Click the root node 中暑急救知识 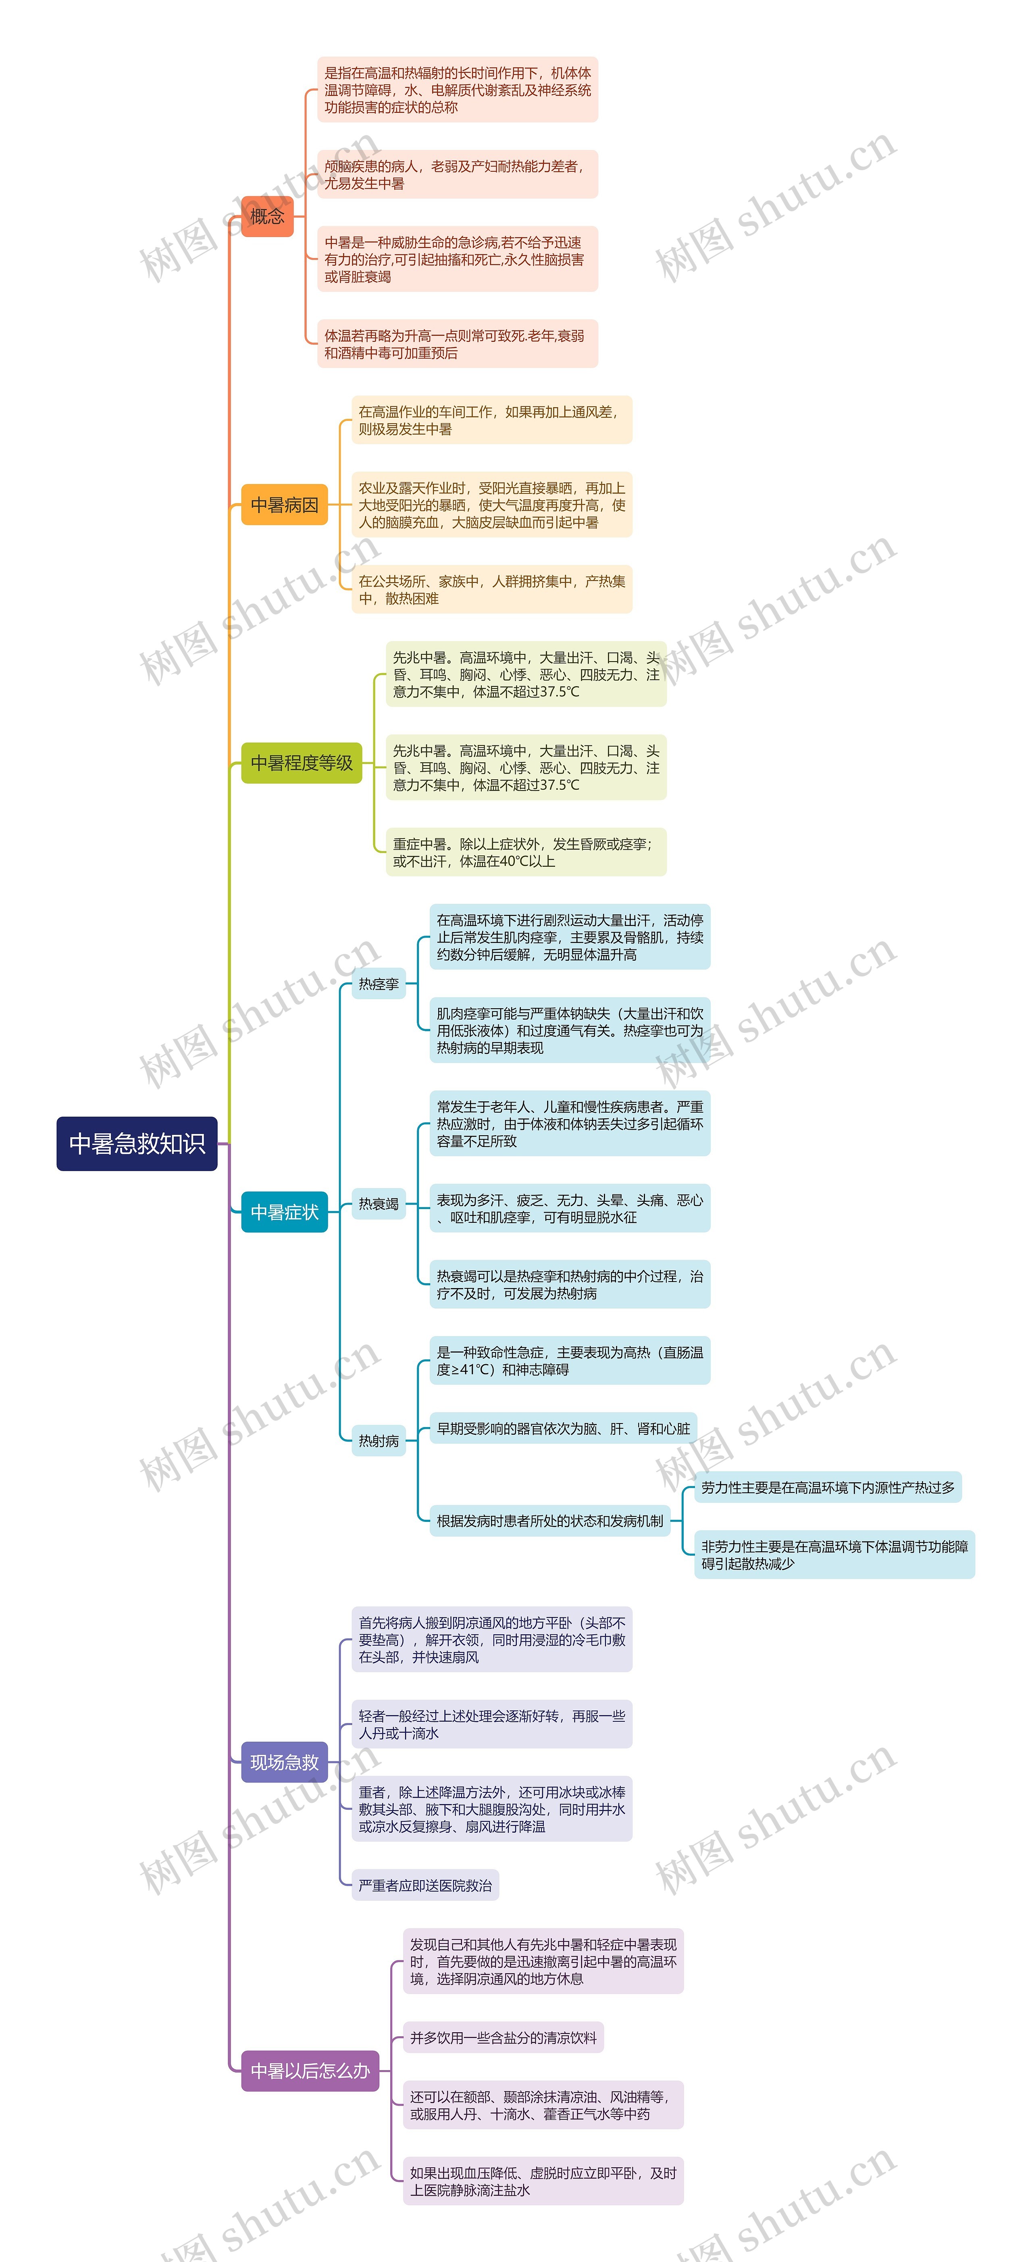[x=137, y=1143]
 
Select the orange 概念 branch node [x=267, y=216]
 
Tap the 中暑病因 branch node [x=285, y=505]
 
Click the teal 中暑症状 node [x=285, y=1212]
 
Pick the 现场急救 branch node [x=285, y=1763]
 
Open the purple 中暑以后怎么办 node [x=310, y=2071]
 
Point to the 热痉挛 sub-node [x=379, y=984]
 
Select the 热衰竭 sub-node [x=379, y=1204]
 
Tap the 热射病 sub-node [x=379, y=1441]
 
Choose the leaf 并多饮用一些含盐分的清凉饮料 [x=503, y=2037]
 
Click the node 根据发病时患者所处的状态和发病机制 [x=550, y=1521]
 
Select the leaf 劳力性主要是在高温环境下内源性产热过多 [x=827, y=1488]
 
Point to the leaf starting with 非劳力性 [x=834, y=1555]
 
